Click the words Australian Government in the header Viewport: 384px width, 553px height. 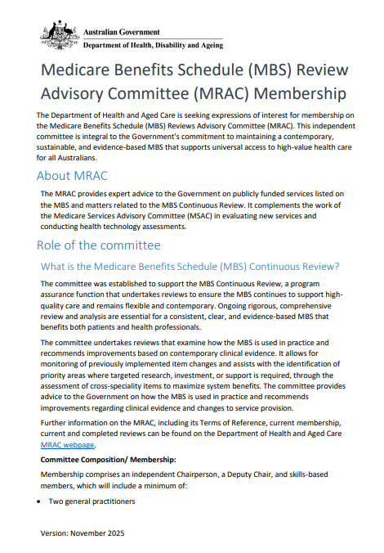point(122,31)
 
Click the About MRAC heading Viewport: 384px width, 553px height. point(72,176)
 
